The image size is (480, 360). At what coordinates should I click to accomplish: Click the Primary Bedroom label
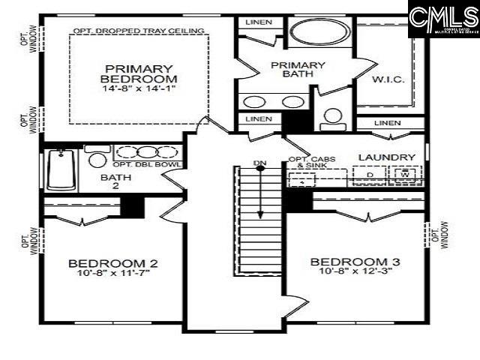(x=139, y=73)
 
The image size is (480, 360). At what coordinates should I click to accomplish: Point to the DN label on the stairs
(x=259, y=162)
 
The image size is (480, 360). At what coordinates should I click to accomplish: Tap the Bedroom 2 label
(x=112, y=264)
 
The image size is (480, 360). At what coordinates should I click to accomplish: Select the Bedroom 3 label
(x=355, y=261)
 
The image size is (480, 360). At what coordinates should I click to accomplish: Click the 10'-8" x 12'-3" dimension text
(x=355, y=272)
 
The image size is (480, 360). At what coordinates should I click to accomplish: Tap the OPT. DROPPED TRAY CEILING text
(x=139, y=31)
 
